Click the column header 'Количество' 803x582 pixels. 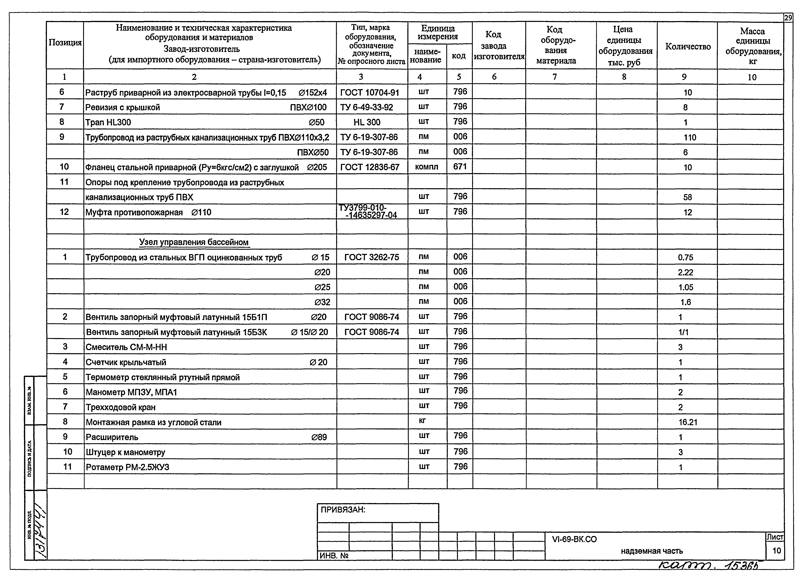pyautogui.click(x=688, y=46)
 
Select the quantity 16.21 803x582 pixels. pyautogui.click(x=688, y=422)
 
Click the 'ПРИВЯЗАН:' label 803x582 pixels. pyautogui.click(x=343, y=510)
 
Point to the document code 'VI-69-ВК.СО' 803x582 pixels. pyautogui.click(x=574, y=539)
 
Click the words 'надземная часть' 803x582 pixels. pyautogui.click(x=651, y=551)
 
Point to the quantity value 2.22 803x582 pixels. pyautogui.click(x=685, y=272)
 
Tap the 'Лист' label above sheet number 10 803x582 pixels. pyautogui.click(x=775, y=537)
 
